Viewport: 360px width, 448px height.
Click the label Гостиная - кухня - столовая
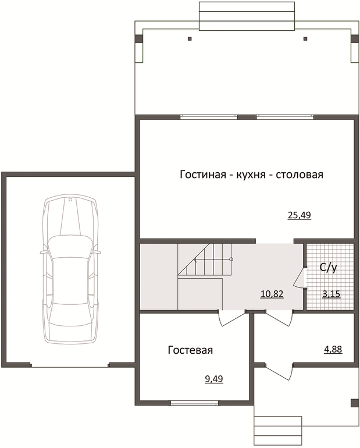tap(251, 175)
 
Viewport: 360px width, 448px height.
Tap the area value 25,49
tap(299, 215)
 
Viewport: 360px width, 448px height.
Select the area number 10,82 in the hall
tap(272, 293)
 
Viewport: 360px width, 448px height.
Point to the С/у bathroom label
tap(329, 268)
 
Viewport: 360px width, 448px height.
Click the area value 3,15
tap(332, 293)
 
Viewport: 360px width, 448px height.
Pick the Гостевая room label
tap(190, 350)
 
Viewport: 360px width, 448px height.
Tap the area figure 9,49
tap(214, 379)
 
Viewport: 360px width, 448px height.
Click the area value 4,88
tap(333, 350)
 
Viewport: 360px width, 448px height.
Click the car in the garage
tap(70, 269)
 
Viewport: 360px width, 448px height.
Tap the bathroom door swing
tap(300, 278)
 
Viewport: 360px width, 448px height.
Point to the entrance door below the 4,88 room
tap(279, 371)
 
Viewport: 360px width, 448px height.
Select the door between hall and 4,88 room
tap(279, 318)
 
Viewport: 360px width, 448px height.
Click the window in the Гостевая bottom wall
tap(195, 403)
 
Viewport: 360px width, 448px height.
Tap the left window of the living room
tap(209, 117)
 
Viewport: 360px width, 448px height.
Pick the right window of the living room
tap(285, 117)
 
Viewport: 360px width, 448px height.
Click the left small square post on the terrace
tap(190, 38)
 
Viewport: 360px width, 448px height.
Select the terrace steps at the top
tap(247, 16)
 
